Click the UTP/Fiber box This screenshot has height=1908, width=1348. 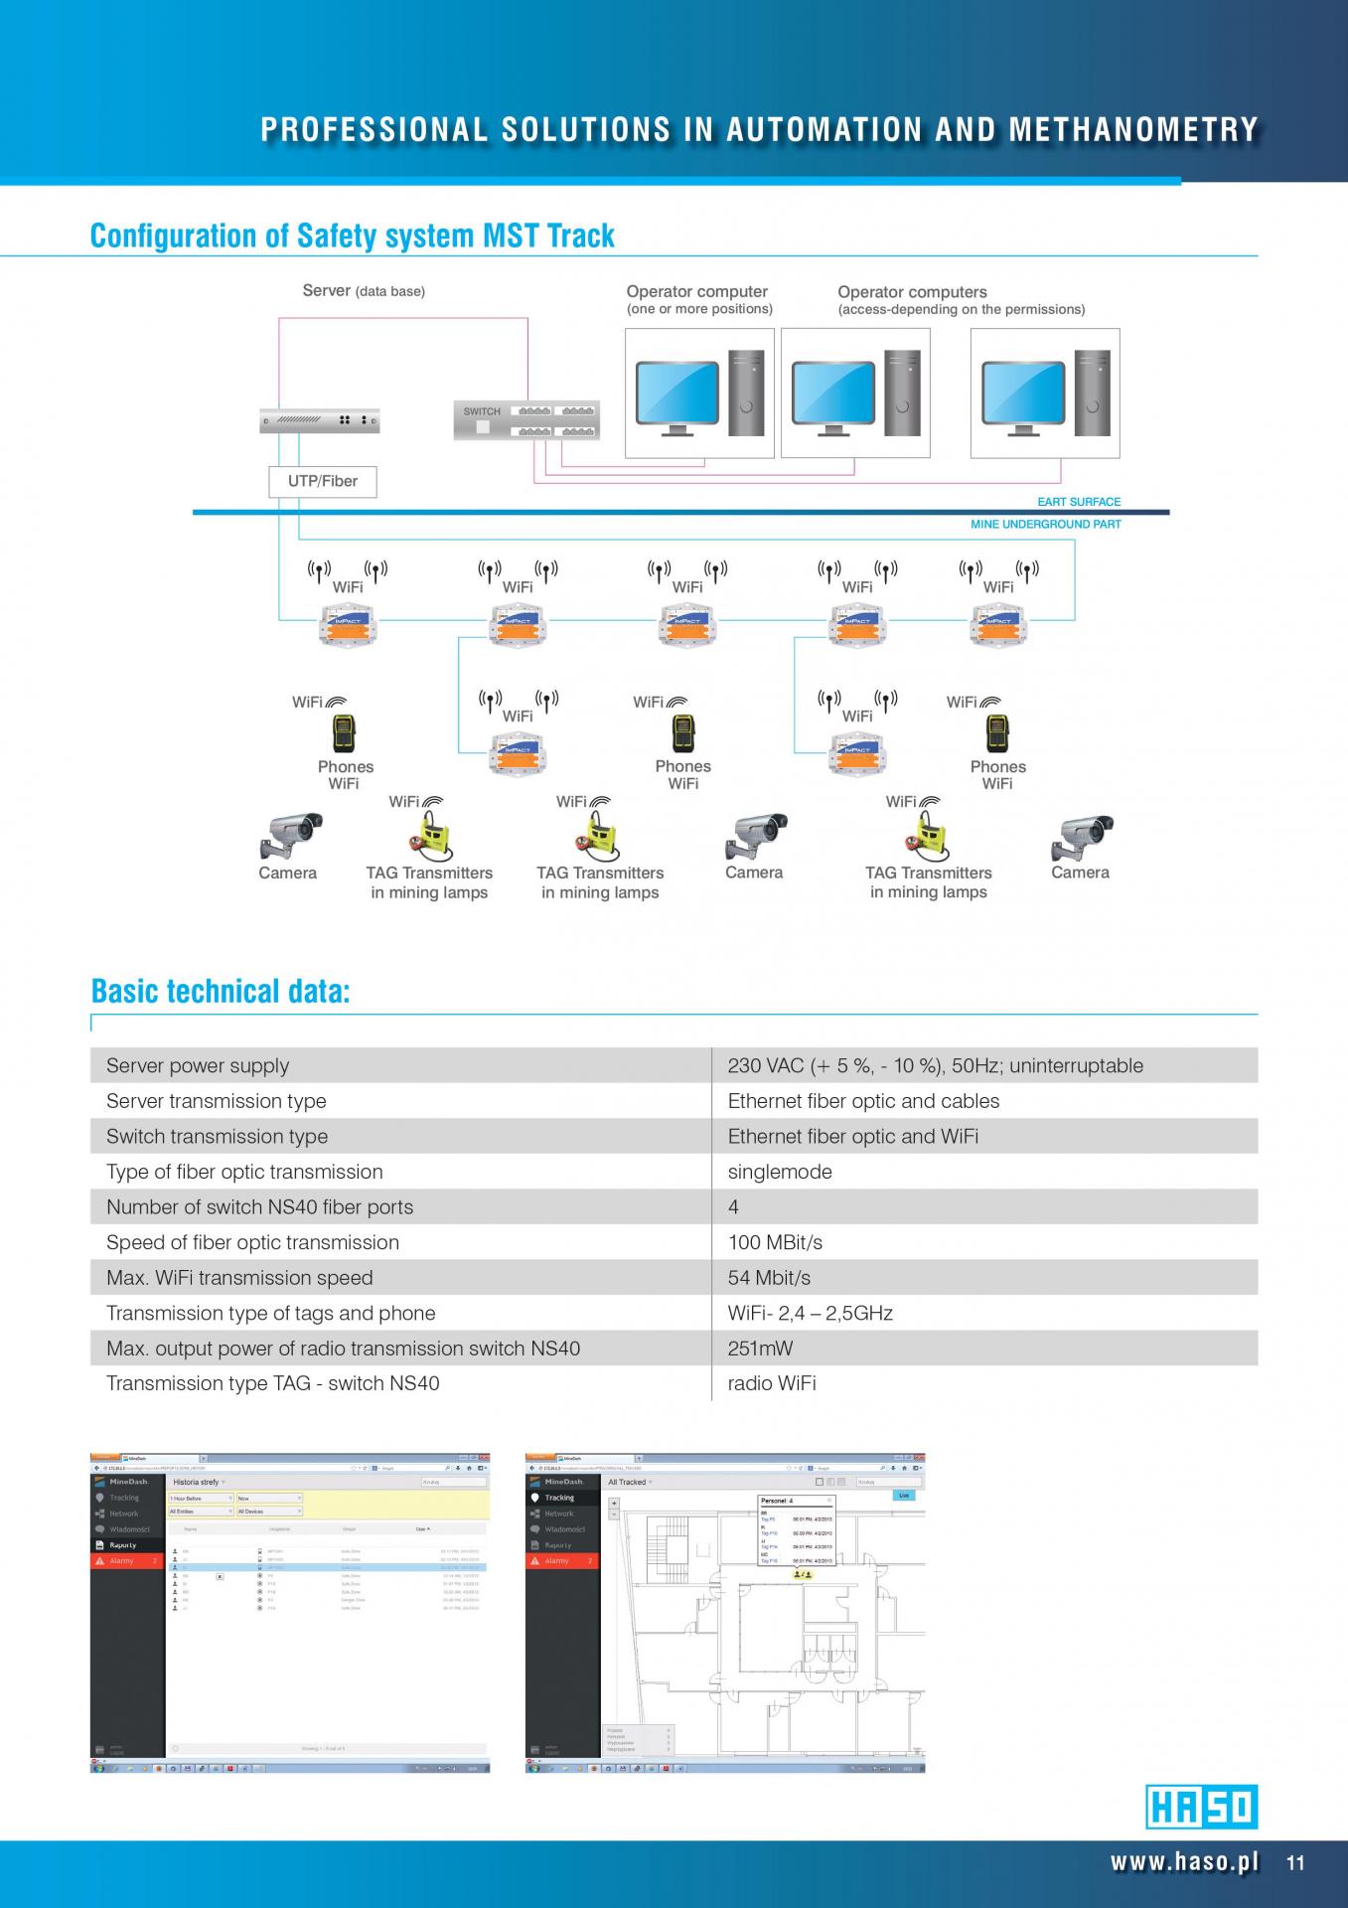(x=323, y=481)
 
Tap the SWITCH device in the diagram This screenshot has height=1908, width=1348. (x=526, y=420)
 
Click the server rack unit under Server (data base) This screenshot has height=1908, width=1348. (x=319, y=421)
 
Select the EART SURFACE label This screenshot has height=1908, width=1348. (x=1079, y=502)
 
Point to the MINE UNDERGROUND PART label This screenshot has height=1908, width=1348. (x=1045, y=525)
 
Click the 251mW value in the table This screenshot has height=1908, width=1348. (x=761, y=1349)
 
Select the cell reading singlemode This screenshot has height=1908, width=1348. (x=780, y=1172)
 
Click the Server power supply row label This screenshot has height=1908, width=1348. (x=198, y=1066)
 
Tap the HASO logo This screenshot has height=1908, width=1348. (x=1201, y=1807)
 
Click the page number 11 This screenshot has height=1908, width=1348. (x=1295, y=1863)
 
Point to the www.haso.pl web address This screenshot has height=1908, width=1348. (x=1184, y=1862)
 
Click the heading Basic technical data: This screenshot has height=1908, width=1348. (x=221, y=991)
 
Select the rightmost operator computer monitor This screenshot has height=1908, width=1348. (x=1022, y=394)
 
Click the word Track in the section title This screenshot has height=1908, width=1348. (x=581, y=237)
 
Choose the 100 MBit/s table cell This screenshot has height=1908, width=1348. (x=775, y=1242)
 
